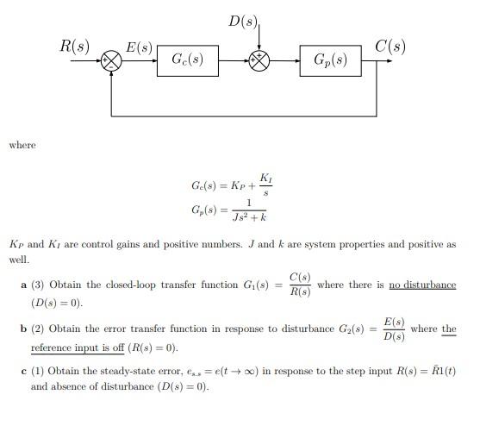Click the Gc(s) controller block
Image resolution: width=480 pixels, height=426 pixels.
(x=187, y=60)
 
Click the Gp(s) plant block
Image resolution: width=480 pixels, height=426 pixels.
(x=330, y=60)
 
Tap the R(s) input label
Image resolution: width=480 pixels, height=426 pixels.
(x=74, y=45)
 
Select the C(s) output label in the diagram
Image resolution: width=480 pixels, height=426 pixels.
(x=391, y=45)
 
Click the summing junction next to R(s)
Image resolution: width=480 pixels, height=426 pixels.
(x=111, y=60)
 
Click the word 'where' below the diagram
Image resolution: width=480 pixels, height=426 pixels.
(x=22, y=144)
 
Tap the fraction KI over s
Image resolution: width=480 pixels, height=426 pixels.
(x=267, y=184)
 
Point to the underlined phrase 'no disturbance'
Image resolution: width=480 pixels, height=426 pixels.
(x=422, y=285)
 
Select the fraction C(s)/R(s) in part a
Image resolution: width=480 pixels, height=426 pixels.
(x=301, y=285)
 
